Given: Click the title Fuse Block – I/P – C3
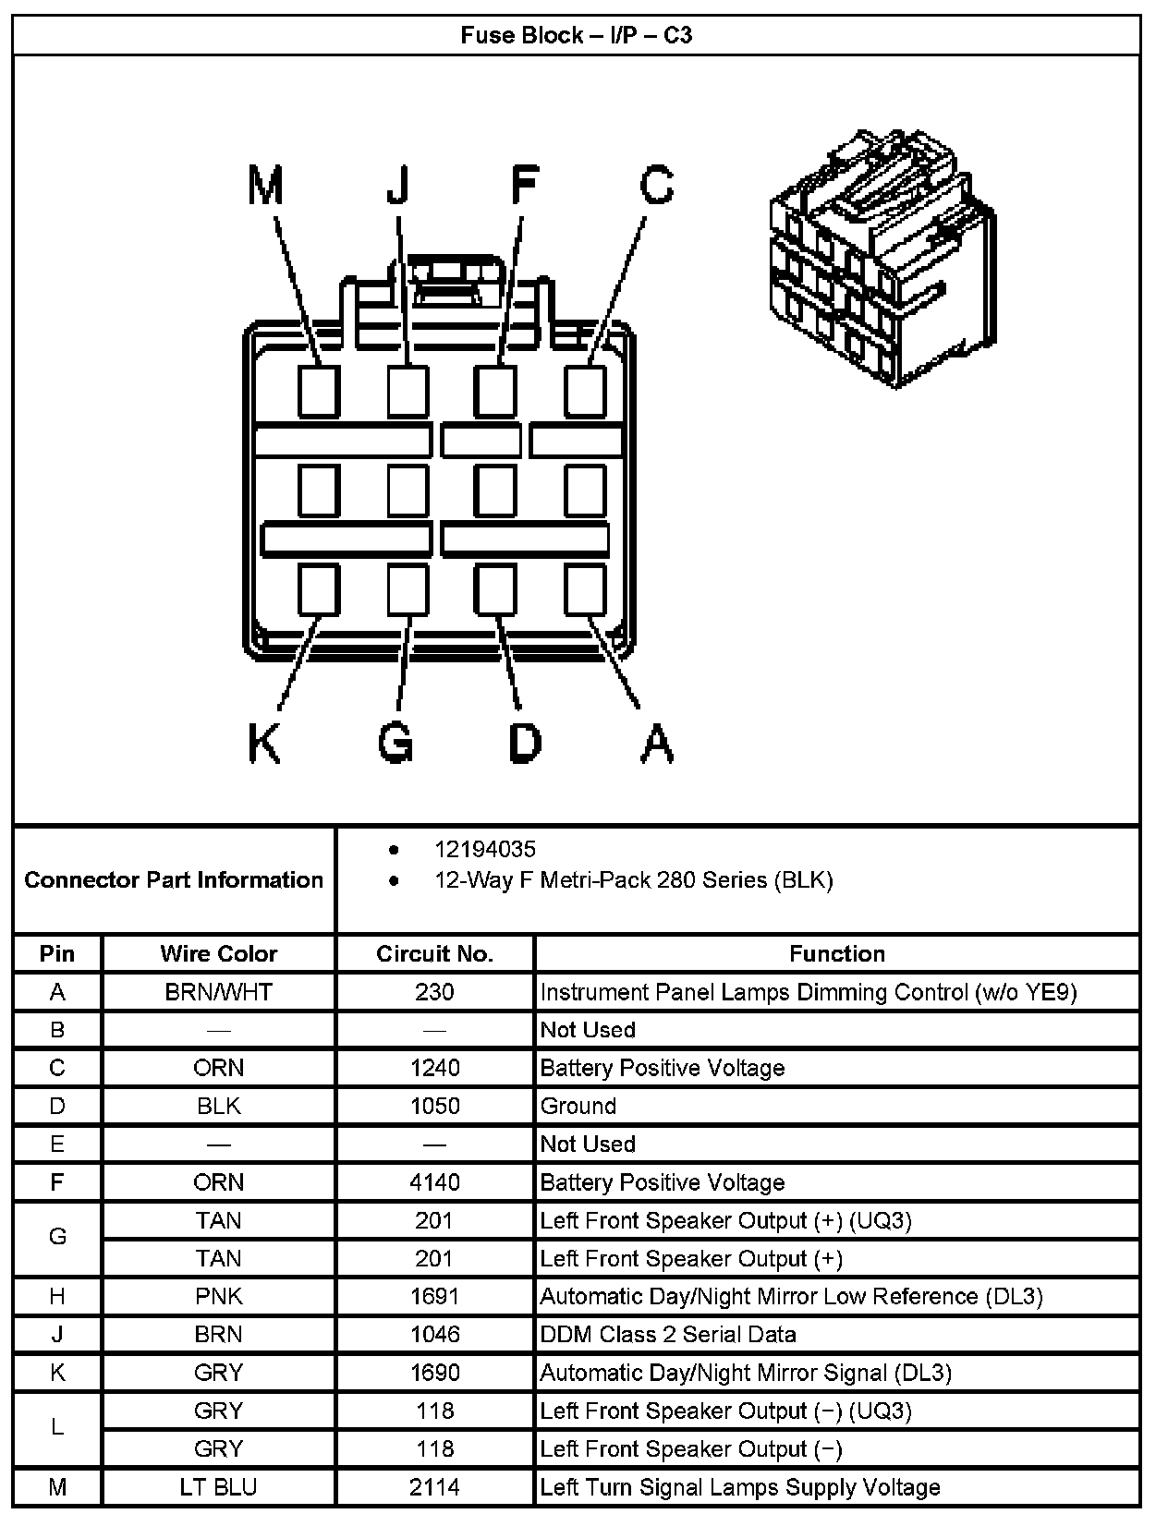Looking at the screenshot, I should coord(577,36).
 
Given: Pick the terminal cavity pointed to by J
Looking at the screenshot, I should coord(408,391).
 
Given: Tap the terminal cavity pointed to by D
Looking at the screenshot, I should coord(495,588).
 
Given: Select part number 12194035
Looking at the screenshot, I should coord(485,849).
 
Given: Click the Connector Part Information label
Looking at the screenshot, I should coord(174,879).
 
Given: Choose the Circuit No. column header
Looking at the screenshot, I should coord(434,953).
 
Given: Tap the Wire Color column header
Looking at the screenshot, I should coord(218,953).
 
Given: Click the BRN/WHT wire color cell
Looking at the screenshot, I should coord(218,992).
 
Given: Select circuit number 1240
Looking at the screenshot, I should coord(434,1068).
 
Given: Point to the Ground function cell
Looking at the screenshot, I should coord(578,1106).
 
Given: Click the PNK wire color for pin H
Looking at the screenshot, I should coord(218,1296).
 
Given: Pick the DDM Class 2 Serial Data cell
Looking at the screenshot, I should coord(667,1334).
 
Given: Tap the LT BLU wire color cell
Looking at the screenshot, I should coord(218,1487).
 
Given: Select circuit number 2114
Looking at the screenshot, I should coord(434,1487).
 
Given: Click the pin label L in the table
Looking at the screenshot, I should coord(57,1428).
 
